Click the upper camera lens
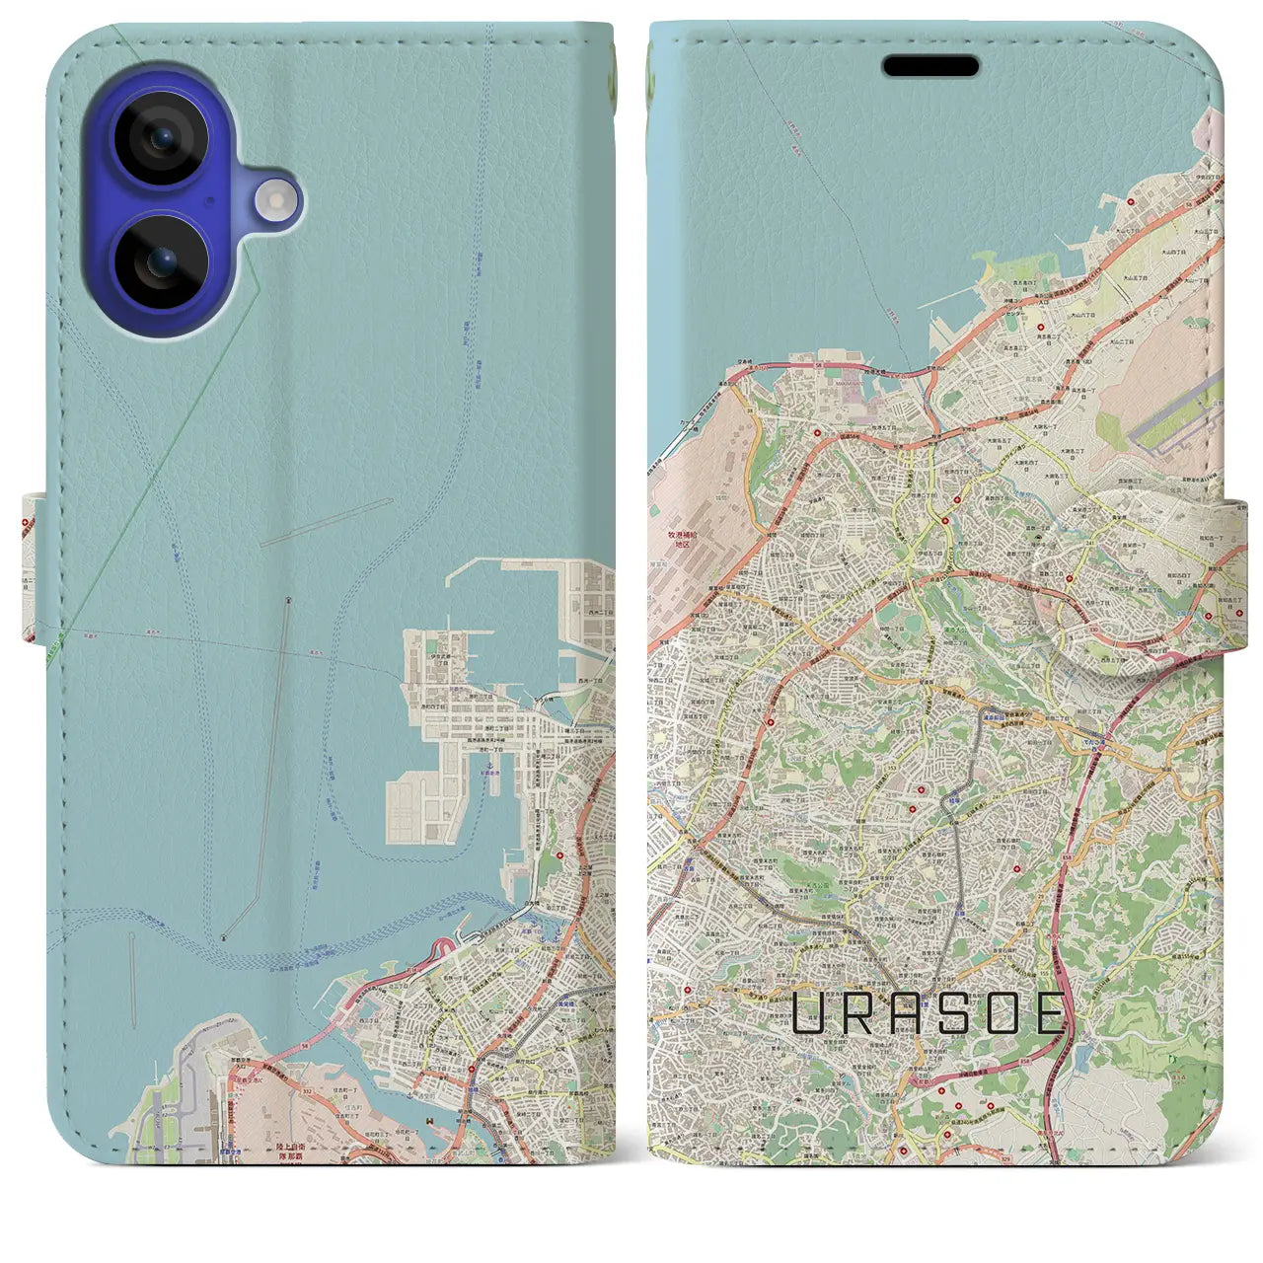tap(161, 138)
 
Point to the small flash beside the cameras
tap(277, 200)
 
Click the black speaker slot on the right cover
tap(930, 67)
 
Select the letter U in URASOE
tap(812, 1013)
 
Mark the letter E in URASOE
tap(1049, 1013)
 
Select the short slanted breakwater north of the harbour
tap(327, 522)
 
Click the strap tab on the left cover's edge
tap(32, 572)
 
